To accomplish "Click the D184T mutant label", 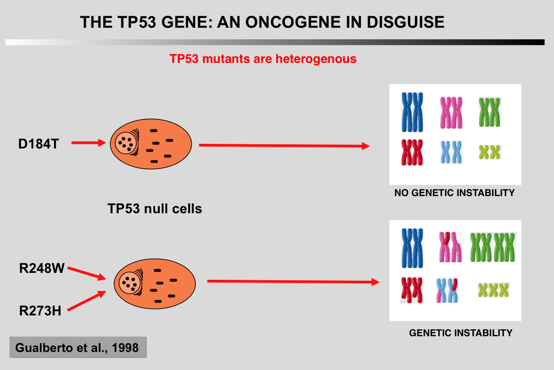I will pyautogui.click(x=38, y=144).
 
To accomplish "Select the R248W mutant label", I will pyautogui.click(x=42, y=269).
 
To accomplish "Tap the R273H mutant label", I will pyautogui.click(x=40, y=310).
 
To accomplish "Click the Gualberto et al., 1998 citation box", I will pyautogui.click(x=77, y=347).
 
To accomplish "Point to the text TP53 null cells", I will pyautogui.click(x=155, y=209).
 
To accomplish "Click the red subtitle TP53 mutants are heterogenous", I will pyautogui.click(x=263, y=59).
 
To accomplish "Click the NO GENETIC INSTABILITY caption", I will pyautogui.click(x=454, y=193).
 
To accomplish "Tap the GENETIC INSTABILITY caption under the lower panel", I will pyautogui.click(x=461, y=333).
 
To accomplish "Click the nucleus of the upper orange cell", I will pyautogui.click(x=126, y=142).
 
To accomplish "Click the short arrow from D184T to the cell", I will pyautogui.click(x=89, y=143).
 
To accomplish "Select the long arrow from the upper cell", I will pyautogui.click(x=284, y=146).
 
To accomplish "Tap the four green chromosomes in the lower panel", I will pyautogui.click(x=493, y=247).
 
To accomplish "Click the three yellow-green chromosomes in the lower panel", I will pyautogui.click(x=493, y=290).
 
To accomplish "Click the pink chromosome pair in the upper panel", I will pyautogui.click(x=452, y=112).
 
